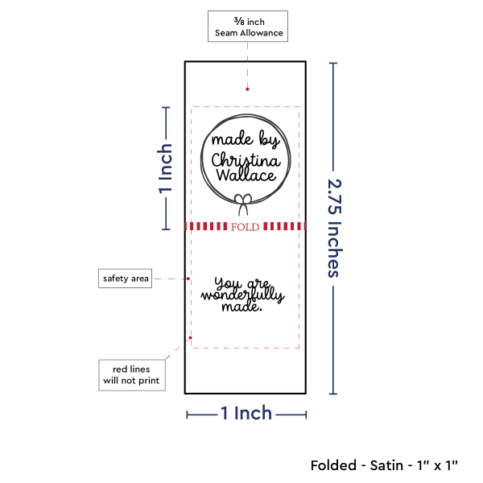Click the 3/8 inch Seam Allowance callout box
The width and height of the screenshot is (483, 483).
point(248,27)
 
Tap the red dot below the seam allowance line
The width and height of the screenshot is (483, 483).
point(247,89)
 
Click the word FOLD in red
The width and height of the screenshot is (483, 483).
point(246,227)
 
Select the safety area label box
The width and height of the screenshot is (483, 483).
point(125,279)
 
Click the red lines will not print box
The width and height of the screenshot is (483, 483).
point(132,375)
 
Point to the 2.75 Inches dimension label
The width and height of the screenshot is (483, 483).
point(335,229)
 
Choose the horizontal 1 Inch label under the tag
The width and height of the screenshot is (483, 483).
point(246,413)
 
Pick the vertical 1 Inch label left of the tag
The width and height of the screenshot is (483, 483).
point(165,168)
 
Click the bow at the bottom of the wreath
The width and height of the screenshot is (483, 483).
point(243,204)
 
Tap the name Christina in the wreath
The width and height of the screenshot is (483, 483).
point(246,160)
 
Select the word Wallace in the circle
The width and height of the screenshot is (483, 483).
point(246,175)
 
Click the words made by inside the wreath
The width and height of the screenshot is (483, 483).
point(246,139)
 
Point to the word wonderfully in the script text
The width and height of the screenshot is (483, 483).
point(243,295)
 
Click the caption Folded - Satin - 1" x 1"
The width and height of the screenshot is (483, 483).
point(384,465)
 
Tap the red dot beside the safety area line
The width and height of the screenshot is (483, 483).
point(188,279)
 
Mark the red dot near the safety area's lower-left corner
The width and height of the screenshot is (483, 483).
point(190,338)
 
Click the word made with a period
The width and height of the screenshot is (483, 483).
point(242,307)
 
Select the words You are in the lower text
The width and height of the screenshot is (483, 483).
point(242,283)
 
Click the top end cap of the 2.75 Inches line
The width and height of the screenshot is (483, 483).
point(333,63)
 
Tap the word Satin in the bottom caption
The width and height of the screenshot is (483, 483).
point(386,465)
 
